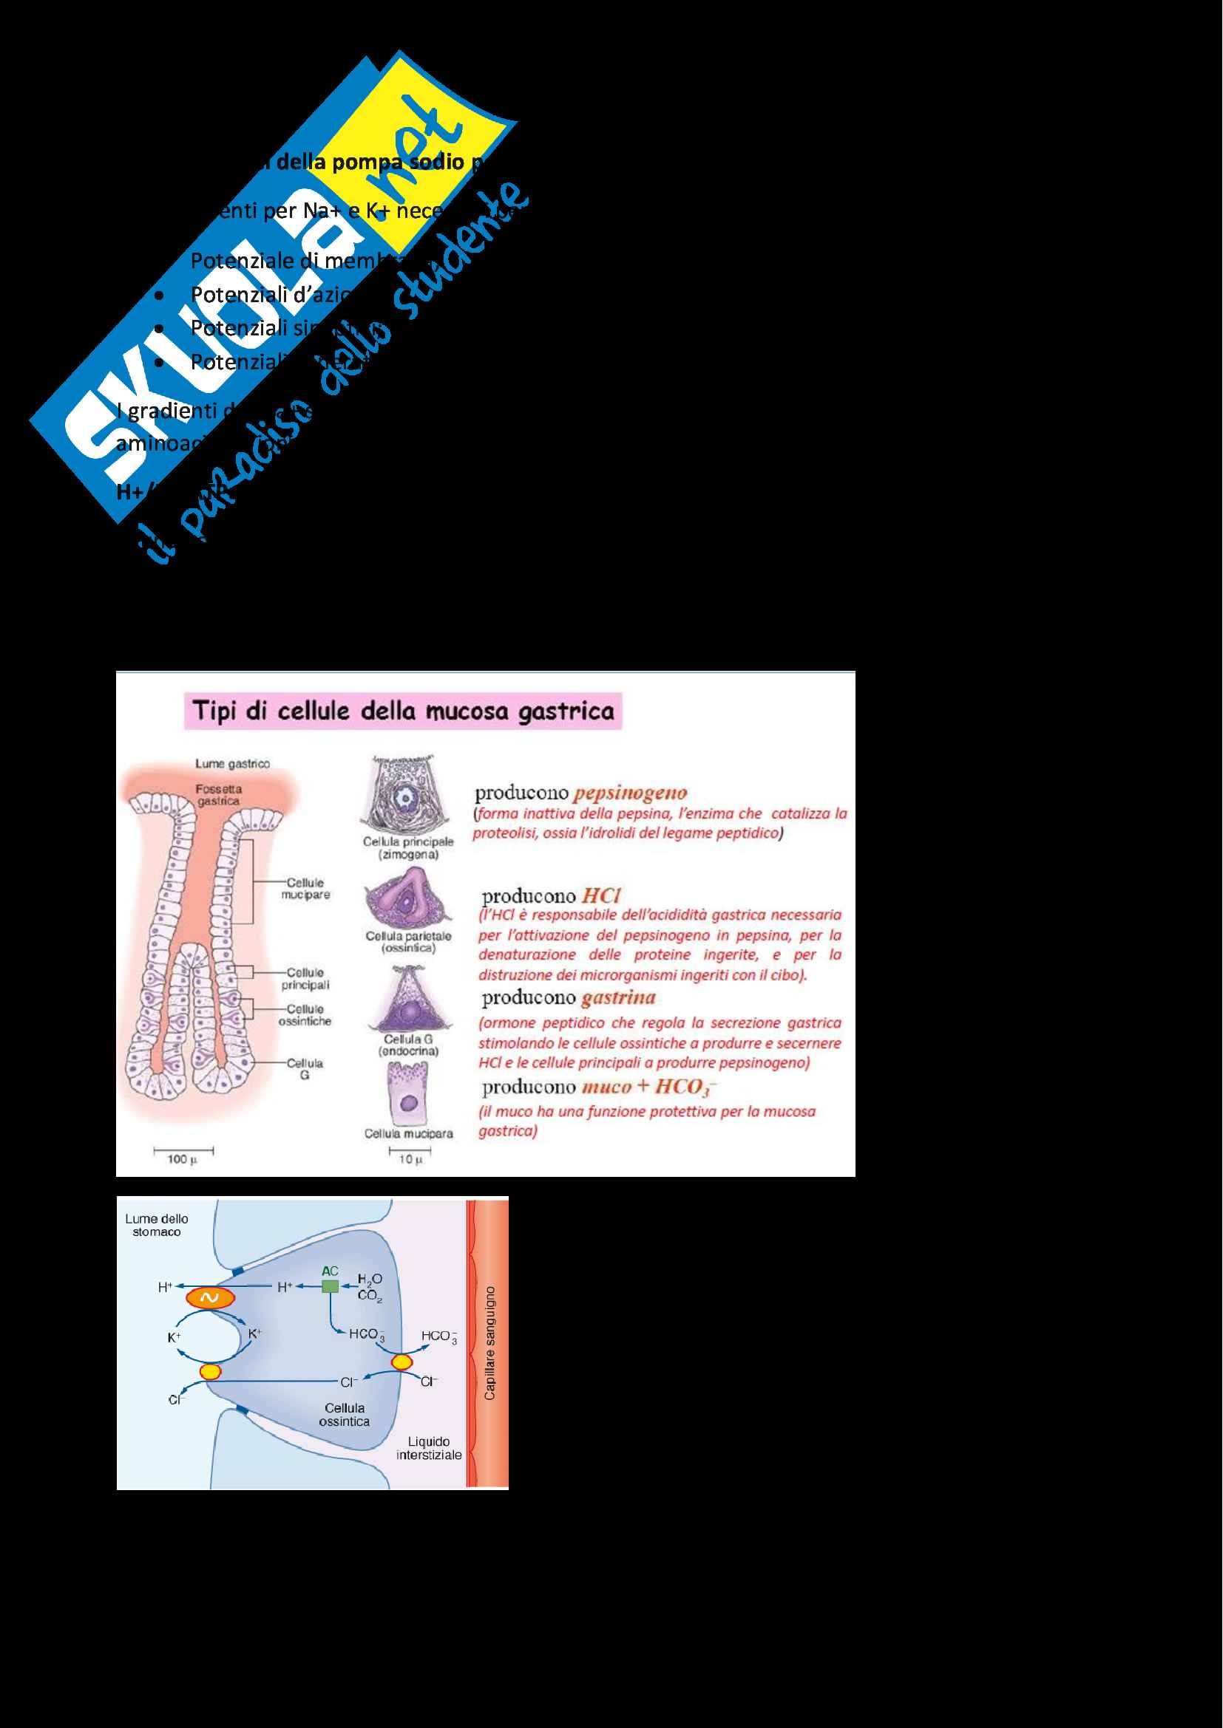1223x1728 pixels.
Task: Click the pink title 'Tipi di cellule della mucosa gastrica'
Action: tap(403, 711)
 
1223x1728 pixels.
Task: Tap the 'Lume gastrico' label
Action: tap(232, 764)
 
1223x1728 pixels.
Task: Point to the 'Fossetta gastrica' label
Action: tap(218, 795)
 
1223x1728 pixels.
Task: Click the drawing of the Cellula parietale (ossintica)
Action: tap(407, 898)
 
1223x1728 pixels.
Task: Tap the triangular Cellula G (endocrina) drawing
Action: tap(409, 1000)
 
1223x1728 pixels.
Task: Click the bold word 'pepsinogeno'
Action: tap(629, 793)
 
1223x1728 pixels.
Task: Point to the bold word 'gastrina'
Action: tap(617, 998)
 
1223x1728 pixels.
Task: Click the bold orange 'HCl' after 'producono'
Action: tap(601, 895)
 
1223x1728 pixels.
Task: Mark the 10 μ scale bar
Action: tap(410, 1151)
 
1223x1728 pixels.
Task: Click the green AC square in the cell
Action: tap(330, 1286)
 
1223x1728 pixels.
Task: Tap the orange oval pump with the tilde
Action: tap(210, 1297)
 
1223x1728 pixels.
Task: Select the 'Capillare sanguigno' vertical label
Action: tap(489, 1343)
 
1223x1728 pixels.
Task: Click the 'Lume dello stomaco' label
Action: tap(157, 1225)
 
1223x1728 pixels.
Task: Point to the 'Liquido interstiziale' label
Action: tap(429, 1448)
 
